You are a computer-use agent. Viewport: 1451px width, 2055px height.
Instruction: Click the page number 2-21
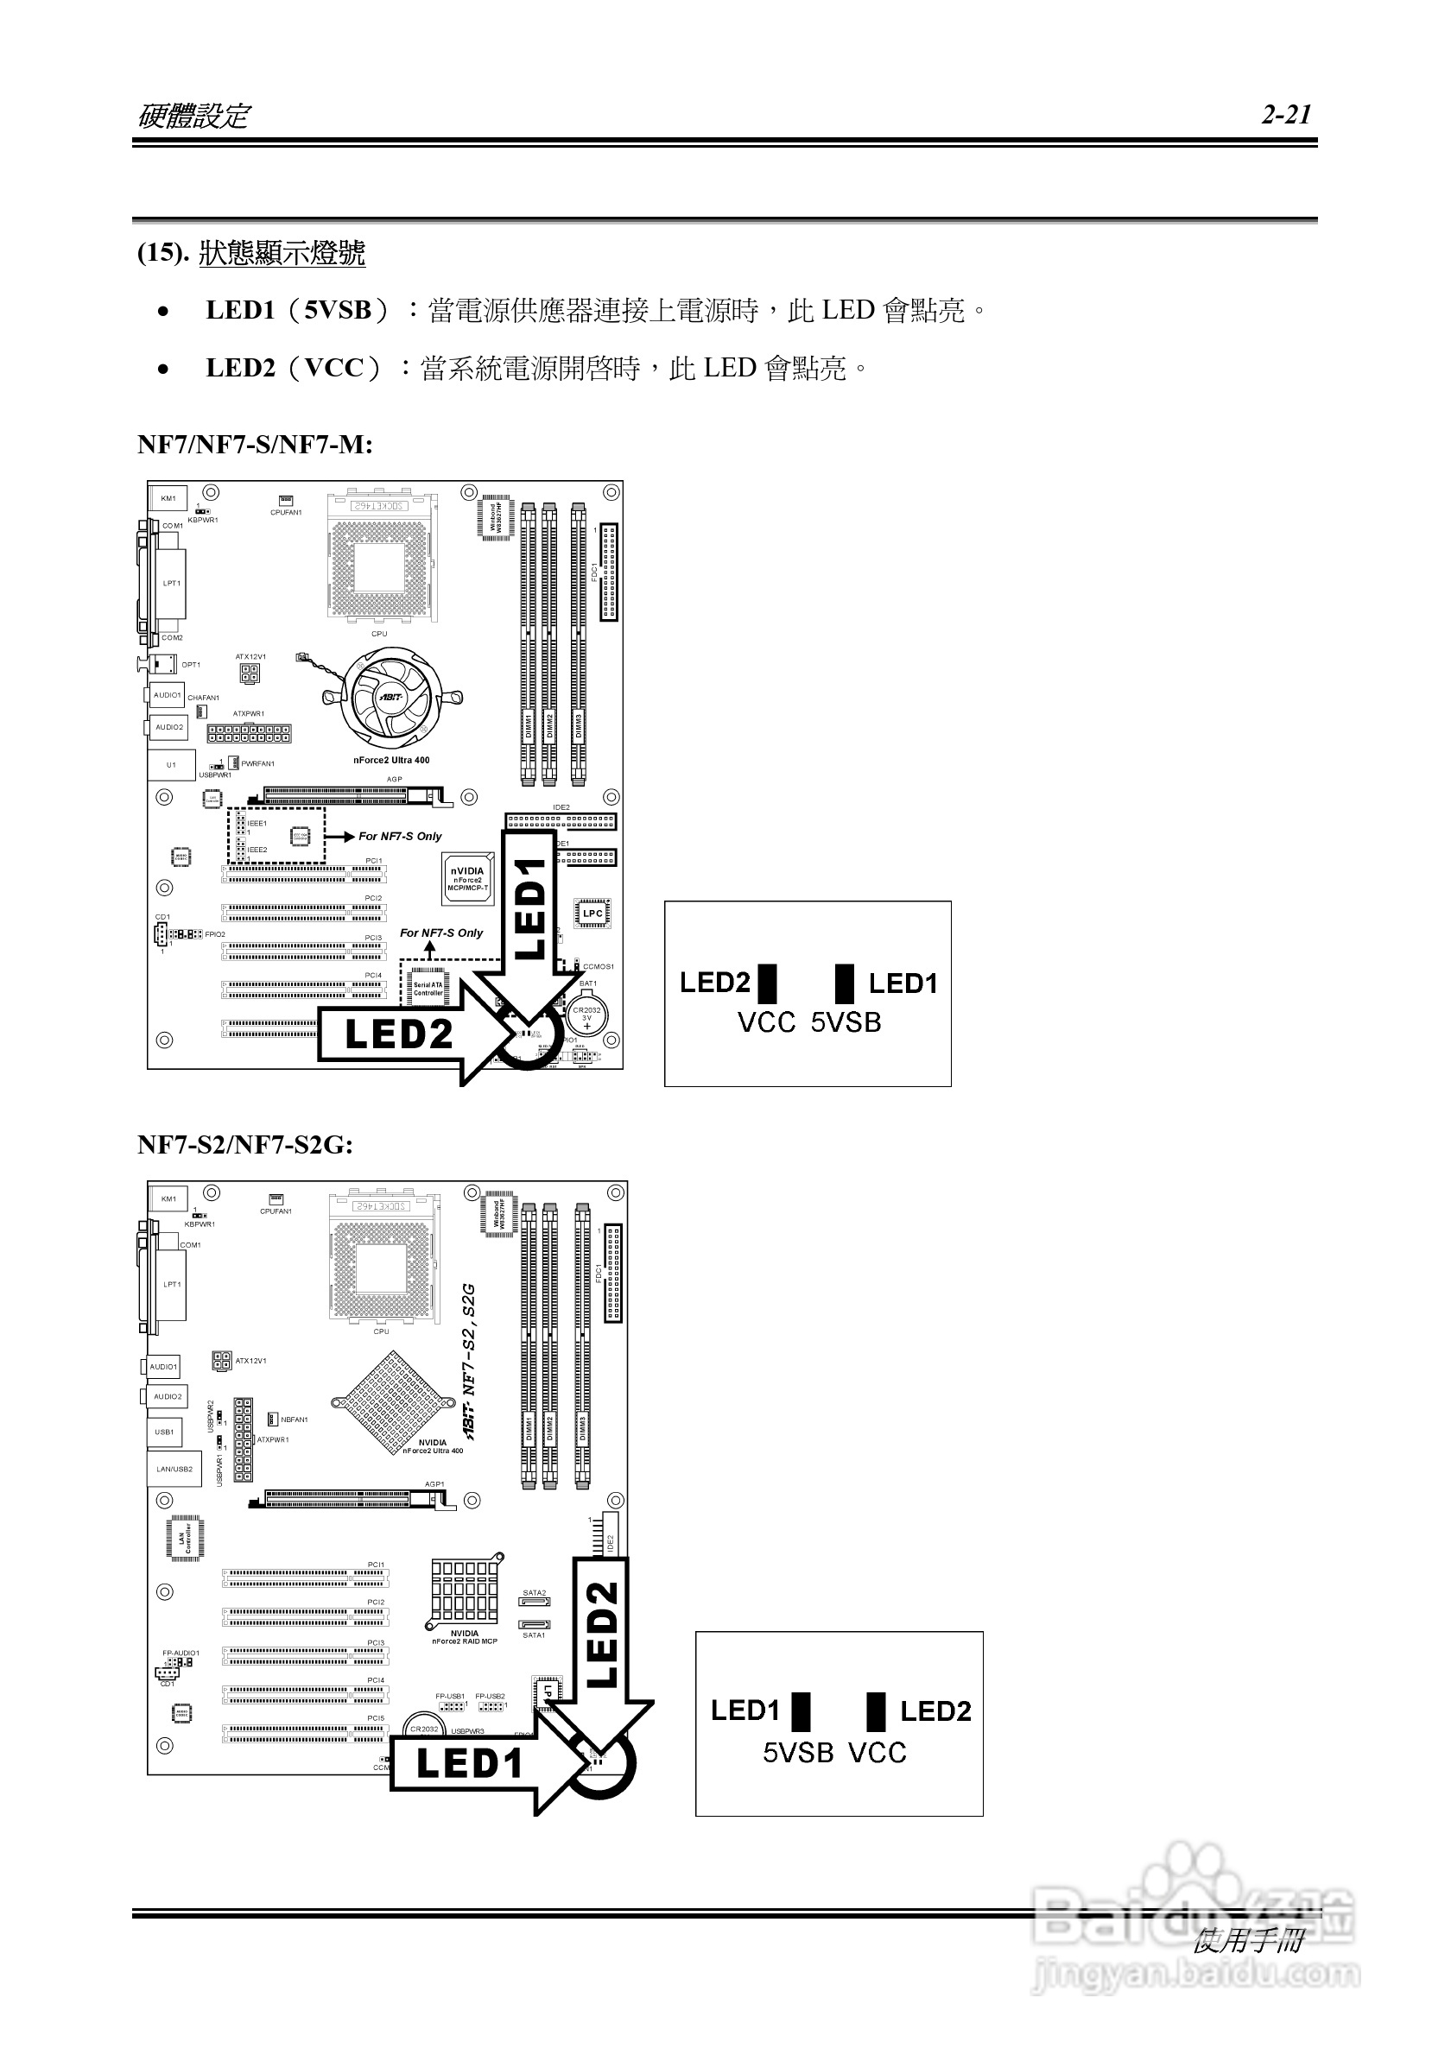point(1286,115)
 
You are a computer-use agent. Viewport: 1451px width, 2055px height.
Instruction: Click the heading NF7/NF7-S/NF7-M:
point(254,444)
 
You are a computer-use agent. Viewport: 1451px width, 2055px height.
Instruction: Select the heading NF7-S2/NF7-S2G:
point(244,1144)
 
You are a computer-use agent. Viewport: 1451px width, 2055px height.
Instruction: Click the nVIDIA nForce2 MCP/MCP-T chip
point(467,879)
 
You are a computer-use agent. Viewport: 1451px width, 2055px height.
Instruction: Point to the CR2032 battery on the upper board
point(587,1016)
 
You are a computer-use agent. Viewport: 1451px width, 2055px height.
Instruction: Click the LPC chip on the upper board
point(592,914)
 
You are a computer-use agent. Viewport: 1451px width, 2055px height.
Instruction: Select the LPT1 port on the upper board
point(172,584)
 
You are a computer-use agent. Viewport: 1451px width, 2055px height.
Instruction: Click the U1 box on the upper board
point(171,765)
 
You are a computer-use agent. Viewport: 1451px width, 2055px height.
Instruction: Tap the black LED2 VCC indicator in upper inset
point(767,983)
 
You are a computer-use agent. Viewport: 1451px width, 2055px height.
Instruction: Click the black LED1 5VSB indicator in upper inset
point(844,983)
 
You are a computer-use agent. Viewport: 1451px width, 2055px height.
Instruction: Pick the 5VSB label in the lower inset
point(797,1752)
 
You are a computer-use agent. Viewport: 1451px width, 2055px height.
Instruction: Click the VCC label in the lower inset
point(878,1752)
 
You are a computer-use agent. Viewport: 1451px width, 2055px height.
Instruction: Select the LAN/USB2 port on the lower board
point(174,1470)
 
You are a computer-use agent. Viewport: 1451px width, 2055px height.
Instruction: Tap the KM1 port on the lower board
point(168,1198)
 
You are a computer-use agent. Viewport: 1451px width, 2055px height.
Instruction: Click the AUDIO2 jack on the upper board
point(169,728)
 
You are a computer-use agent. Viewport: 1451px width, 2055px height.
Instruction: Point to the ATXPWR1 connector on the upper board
point(249,734)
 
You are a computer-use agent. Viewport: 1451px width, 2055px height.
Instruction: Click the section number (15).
point(163,253)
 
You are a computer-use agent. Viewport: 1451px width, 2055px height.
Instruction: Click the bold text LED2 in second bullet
point(241,368)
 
